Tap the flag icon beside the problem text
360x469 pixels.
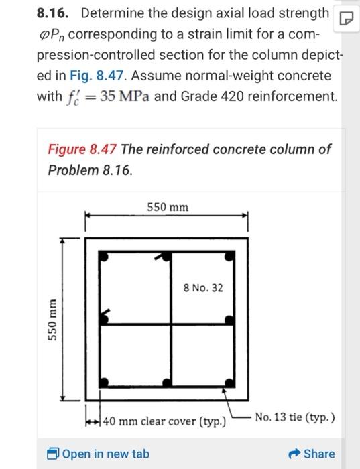click(347, 16)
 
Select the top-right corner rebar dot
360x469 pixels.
click(230, 256)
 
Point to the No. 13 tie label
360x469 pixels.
click(296, 418)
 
